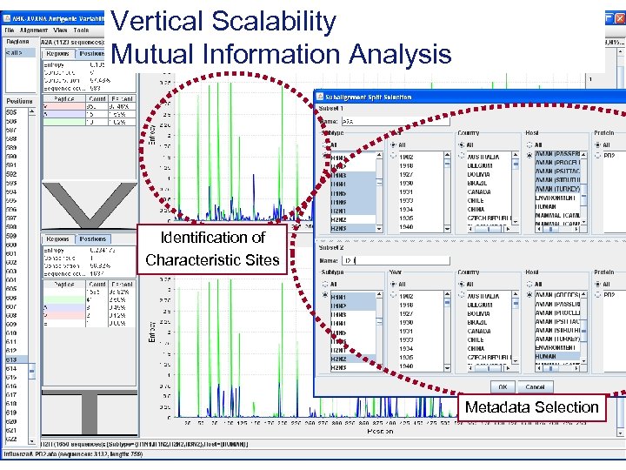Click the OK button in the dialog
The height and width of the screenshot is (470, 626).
point(503,386)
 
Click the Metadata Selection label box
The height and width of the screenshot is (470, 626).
point(531,407)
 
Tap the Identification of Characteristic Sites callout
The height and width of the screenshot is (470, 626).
point(212,249)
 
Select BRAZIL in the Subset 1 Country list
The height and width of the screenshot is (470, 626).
point(479,184)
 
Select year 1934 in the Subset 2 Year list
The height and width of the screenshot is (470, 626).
point(407,349)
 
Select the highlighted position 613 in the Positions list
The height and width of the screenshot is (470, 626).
point(12,359)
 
